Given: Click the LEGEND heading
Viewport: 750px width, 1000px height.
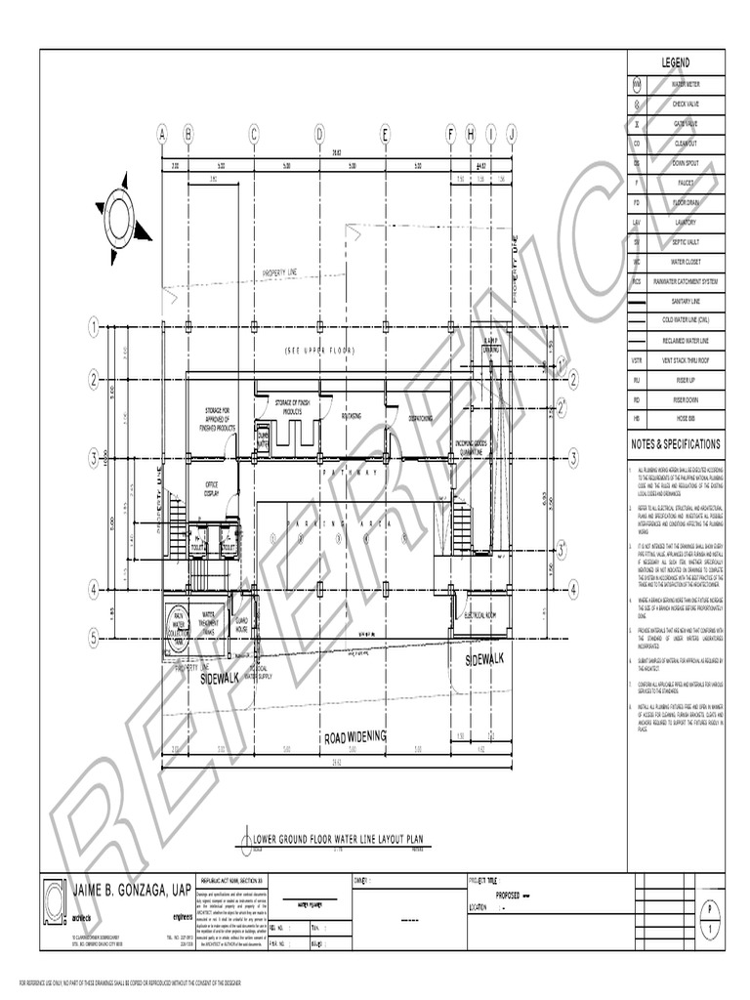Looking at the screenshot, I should tap(676, 62).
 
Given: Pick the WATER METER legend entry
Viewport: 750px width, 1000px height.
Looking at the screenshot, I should tap(684, 84).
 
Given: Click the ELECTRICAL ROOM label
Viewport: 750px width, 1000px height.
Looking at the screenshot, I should tap(482, 615).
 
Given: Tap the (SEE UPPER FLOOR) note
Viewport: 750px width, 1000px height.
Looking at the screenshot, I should tap(320, 350).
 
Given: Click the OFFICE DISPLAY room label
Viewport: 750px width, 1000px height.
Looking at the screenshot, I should tap(211, 489).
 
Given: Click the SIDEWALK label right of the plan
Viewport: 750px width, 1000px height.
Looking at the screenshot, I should tap(484, 659).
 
